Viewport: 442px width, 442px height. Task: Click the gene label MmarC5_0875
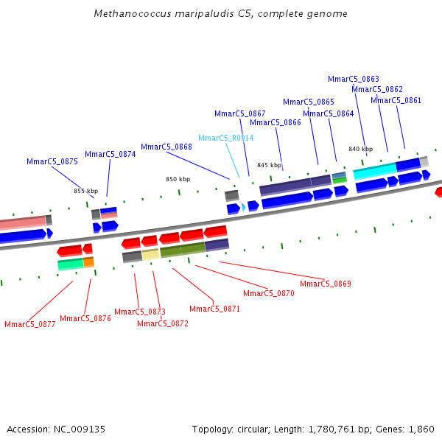pos(52,161)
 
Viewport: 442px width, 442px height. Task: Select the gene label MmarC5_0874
pos(110,154)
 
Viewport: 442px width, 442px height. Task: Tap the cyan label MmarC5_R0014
pos(226,138)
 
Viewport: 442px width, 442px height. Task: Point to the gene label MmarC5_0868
pos(166,147)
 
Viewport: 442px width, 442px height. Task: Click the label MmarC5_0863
pos(354,79)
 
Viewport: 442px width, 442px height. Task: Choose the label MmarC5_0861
pos(396,100)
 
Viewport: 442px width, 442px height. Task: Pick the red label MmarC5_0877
pos(30,324)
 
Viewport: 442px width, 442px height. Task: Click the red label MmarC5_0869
pos(326,284)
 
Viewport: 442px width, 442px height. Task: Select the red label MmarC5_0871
pos(215,309)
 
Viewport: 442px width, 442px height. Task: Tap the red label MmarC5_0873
pos(140,312)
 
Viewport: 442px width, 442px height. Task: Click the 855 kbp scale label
pos(85,191)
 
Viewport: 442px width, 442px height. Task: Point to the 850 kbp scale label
pos(178,179)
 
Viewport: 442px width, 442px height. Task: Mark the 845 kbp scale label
pos(269,165)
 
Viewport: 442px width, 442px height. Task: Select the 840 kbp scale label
pos(360,149)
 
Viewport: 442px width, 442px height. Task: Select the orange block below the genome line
pos(88,262)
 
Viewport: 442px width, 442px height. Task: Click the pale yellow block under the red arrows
pos(150,254)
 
